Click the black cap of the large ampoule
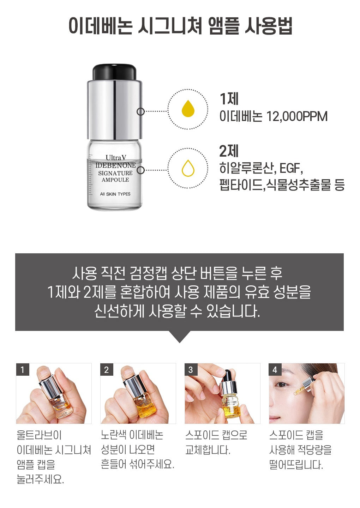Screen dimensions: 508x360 (x=114, y=72)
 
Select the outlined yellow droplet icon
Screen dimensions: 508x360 (x=188, y=168)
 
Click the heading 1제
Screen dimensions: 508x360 (x=229, y=99)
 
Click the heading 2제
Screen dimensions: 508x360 (x=229, y=151)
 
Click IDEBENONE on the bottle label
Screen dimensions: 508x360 (x=115, y=165)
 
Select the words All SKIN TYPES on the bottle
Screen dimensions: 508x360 (x=115, y=194)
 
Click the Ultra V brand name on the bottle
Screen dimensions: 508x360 (x=116, y=158)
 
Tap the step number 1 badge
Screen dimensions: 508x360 (x=23, y=370)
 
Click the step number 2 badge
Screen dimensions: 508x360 (x=107, y=370)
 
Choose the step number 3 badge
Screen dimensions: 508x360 (x=191, y=370)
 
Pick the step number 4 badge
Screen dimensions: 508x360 (x=275, y=370)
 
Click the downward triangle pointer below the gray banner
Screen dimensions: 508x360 (x=180, y=337)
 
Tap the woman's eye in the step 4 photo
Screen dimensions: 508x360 (x=281, y=384)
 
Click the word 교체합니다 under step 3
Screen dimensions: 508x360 (x=208, y=450)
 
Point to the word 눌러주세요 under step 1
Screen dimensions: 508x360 (x=40, y=479)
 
